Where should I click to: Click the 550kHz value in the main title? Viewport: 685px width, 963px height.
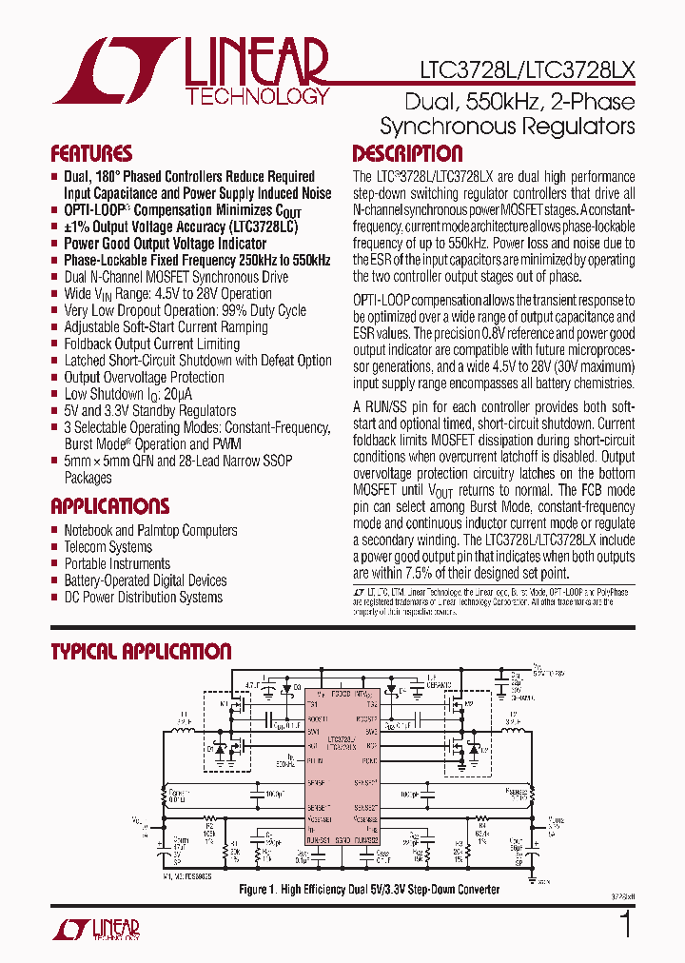click(491, 101)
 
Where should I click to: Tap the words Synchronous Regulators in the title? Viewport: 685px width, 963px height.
click(506, 126)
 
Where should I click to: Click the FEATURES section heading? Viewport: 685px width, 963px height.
click(91, 154)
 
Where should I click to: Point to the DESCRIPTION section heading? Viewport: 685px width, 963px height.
click(407, 154)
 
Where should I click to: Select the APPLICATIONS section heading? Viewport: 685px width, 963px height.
click(109, 506)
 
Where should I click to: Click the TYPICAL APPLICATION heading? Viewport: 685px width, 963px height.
click(140, 652)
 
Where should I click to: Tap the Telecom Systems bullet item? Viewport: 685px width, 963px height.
click(108, 547)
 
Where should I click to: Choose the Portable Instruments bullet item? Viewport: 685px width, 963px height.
click(116, 563)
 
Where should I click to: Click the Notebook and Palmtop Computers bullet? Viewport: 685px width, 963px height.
click(150, 530)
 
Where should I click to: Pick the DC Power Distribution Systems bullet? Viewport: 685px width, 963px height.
click(143, 597)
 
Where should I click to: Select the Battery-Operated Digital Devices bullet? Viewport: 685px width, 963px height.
click(145, 580)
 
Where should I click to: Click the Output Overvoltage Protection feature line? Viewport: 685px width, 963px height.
click(144, 377)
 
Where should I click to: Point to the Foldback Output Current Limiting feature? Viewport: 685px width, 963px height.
click(151, 344)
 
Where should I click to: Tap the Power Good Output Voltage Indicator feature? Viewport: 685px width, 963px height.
click(165, 244)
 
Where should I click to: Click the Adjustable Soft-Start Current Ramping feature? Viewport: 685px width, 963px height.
click(166, 326)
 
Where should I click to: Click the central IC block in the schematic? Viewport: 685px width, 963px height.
click(342, 771)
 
